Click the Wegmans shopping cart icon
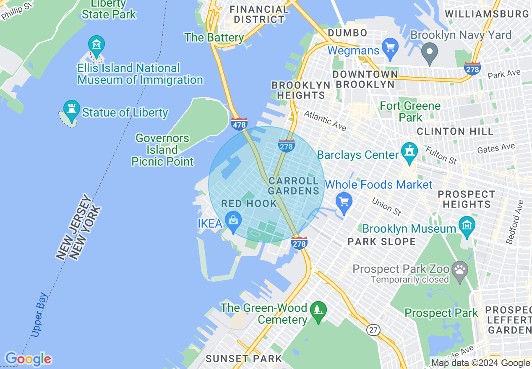pyautogui.click(x=391, y=47)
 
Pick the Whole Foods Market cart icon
pyautogui.click(x=344, y=202)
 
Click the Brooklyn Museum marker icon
pyautogui.click(x=466, y=226)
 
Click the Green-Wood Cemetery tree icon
pyautogui.click(x=318, y=311)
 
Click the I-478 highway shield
pyautogui.click(x=239, y=124)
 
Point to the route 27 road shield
pyautogui.click(x=373, y=330)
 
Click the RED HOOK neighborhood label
pyautogui.click(x=249, y=204)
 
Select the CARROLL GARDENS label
pyautogui.click(x=294, y=186)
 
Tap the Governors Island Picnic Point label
pyautogui.click(x=162, y=150)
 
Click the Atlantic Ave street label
pyautogui.click(x=325, y=121)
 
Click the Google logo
pyautogui.click(x=28, y=359)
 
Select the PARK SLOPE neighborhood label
pyautogui.click(x=381, y=242)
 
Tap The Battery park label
pyautogui.click(x=214, y=37)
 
